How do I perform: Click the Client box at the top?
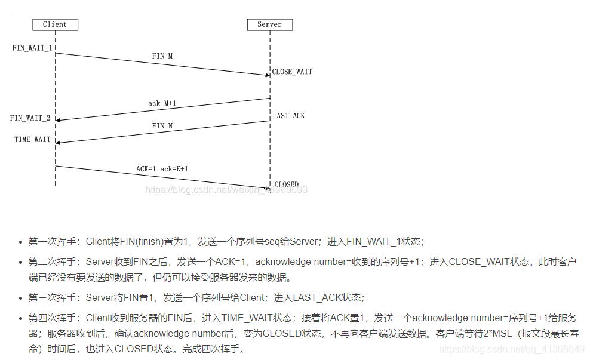(55, 24)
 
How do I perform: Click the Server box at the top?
(269, 24)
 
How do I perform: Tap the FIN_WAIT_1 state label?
(32, 48)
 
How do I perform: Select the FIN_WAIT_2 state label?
(30, 118)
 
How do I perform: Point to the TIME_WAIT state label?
(33, 140)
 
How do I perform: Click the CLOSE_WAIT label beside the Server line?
(292, 72)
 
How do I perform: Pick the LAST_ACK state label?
(289, 115)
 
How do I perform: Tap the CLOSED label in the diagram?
(287, 184)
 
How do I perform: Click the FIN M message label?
(162, 56)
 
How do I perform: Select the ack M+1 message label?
(162, 103)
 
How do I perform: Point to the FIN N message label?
(162, 126)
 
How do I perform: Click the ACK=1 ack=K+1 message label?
(162, 169)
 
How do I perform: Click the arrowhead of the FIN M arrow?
(268, 75)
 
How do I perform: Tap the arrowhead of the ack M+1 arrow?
(58, 120)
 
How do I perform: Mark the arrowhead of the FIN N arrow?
(58, 143)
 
